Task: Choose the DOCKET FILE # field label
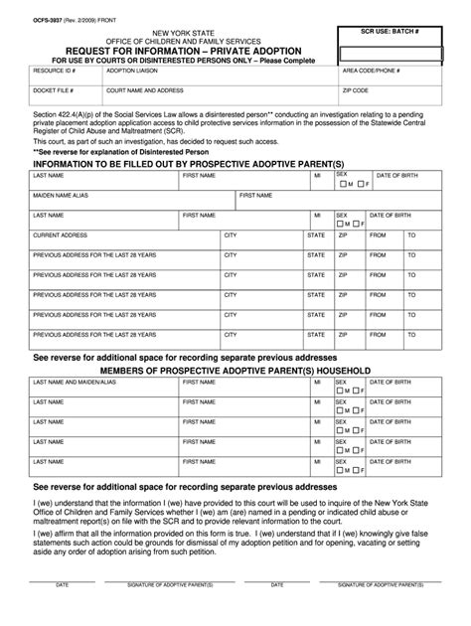52,90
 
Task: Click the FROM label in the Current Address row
378,235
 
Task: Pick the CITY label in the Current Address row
230,235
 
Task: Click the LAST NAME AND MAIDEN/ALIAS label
75,382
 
